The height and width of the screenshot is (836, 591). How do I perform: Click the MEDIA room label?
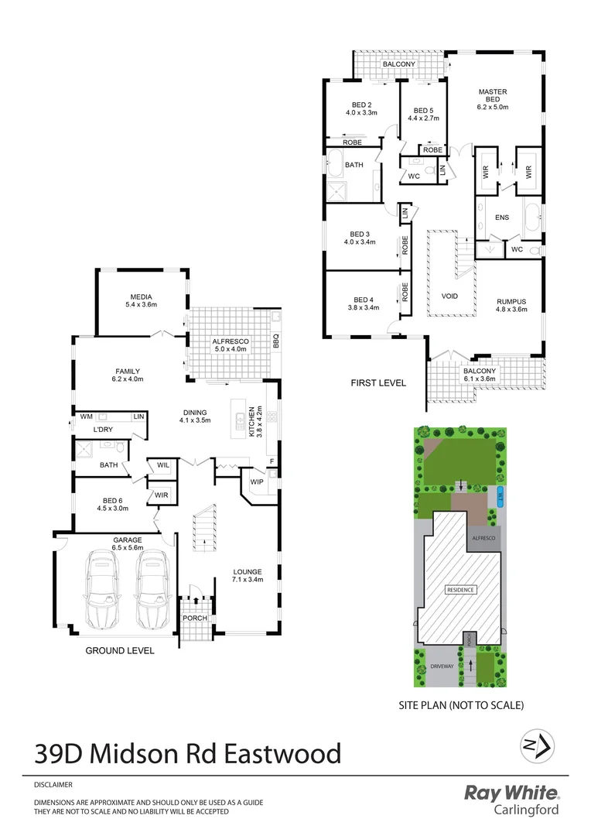(141, 296)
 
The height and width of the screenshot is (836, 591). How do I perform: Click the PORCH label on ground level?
(195, 618)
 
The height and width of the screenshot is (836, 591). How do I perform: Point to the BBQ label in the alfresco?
(275, 340)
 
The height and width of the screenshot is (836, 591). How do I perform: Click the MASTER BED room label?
(492, 96)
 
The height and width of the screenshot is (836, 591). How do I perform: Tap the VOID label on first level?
(450, 296)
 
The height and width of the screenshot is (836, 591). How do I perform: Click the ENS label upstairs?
(502, 218)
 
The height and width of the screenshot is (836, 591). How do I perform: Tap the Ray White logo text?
(511, 793)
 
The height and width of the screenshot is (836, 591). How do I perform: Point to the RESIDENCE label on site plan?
(461, 589)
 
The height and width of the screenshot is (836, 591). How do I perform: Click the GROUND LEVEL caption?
(120, 651)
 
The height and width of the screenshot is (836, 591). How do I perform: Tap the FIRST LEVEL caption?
(378, 382)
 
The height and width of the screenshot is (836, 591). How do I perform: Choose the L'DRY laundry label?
(104, 429)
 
